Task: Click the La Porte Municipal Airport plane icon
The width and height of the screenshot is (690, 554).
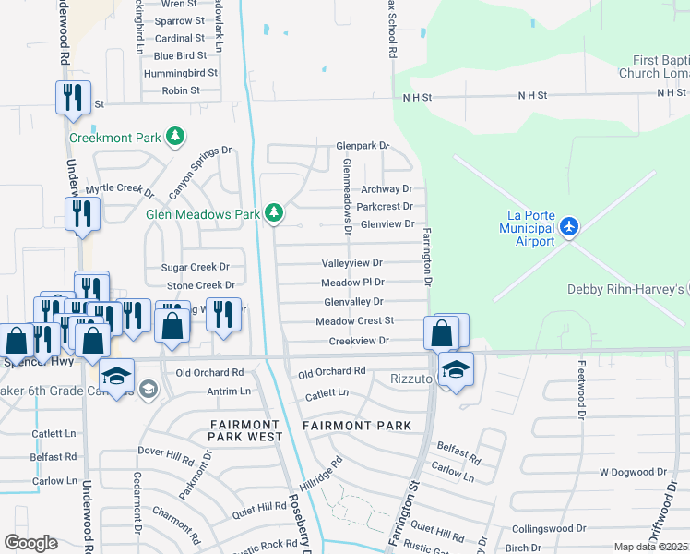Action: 570,225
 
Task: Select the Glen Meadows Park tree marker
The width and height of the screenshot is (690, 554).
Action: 273,213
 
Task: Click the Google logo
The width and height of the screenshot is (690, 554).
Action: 30,543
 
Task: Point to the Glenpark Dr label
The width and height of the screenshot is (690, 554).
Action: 363,146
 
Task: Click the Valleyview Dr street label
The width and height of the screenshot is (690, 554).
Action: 351,263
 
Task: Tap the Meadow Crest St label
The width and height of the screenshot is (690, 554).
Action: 354,321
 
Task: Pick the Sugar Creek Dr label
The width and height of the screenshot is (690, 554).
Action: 195,267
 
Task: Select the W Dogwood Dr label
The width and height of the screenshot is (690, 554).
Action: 632,472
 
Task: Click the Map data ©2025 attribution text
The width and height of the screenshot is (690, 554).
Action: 650,547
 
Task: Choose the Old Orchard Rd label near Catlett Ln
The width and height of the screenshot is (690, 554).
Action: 332,372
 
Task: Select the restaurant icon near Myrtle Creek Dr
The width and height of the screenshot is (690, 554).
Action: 82,214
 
